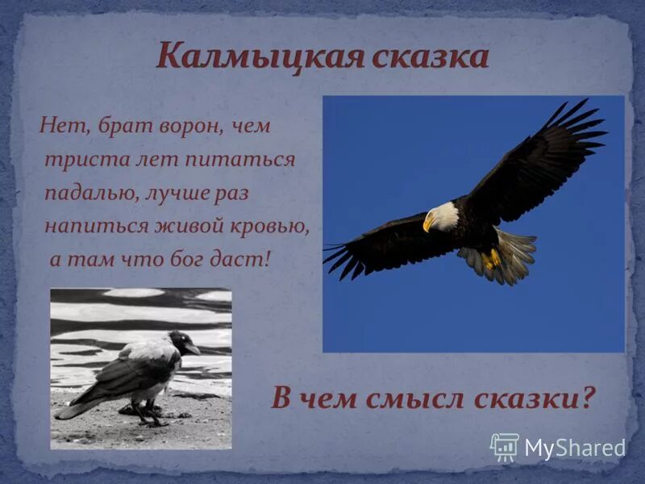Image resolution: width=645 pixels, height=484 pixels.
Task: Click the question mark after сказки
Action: (588, 398)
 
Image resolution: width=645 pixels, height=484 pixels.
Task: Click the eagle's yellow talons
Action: (491, 259)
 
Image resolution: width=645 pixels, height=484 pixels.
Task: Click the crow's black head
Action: (182, 342)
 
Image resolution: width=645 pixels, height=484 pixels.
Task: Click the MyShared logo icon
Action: (505, 447)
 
